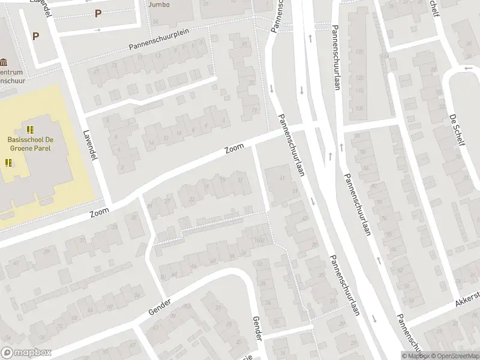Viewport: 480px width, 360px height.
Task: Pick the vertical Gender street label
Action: pos(257,328)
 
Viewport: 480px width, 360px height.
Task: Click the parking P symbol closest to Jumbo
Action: pos(98,13)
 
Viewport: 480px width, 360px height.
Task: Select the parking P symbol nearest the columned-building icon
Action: pos(35,36)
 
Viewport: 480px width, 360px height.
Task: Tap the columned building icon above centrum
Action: pos(5,62)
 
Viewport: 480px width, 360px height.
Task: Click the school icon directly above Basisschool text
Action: pos(31,130)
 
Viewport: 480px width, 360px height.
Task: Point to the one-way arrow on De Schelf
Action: pos(468,68)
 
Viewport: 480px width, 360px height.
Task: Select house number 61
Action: pos(281,178)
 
